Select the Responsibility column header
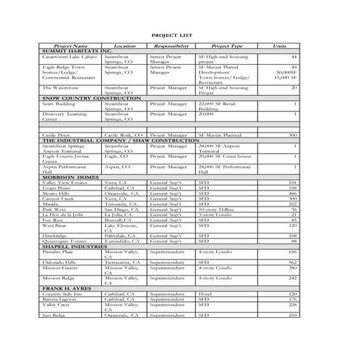(x=172, y=45)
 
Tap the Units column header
(x=279, y=45)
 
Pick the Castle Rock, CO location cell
(x=124, y=135)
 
